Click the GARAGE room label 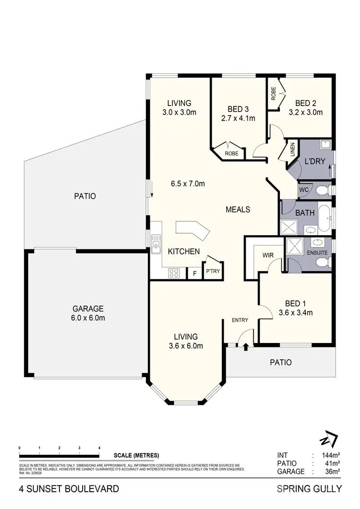tap(88, 308)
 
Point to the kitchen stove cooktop tap(174, 273)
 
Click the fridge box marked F tap(194, 274)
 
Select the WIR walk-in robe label tap(268, 255)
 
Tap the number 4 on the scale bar tap(99, 447)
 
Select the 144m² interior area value tap(331, 455)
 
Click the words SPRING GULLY tap(309, 489)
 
